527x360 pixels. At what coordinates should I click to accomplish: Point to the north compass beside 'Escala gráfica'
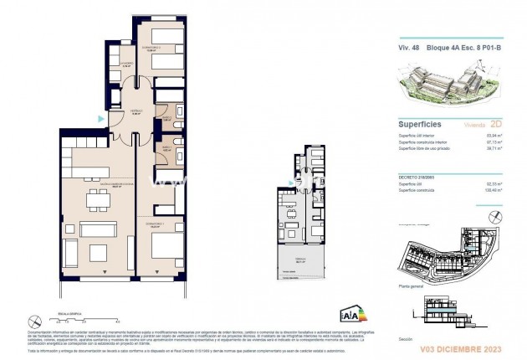point(33,320)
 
